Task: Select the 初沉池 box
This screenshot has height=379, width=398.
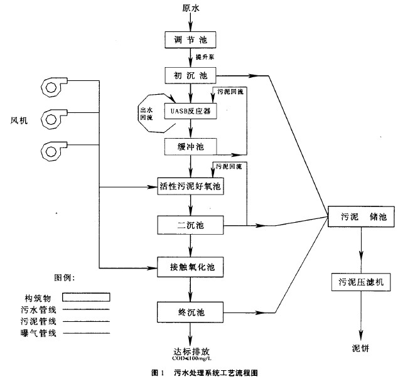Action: pyautogui.click(x=190, y=76)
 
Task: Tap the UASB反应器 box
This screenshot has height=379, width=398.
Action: pyautogui.click(x=190, y=112)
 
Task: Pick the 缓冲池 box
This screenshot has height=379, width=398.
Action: pyautogui.click(x=190, y=147)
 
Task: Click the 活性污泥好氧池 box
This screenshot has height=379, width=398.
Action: pyautogui.click(x=190, y=186)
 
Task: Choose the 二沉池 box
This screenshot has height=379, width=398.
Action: pyautogui.click(x=190, y=224)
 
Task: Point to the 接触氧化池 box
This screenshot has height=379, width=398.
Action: pyautogui.click(x=190, y=267)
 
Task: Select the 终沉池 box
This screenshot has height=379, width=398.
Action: pyautogui.click(x=190, y=310)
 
